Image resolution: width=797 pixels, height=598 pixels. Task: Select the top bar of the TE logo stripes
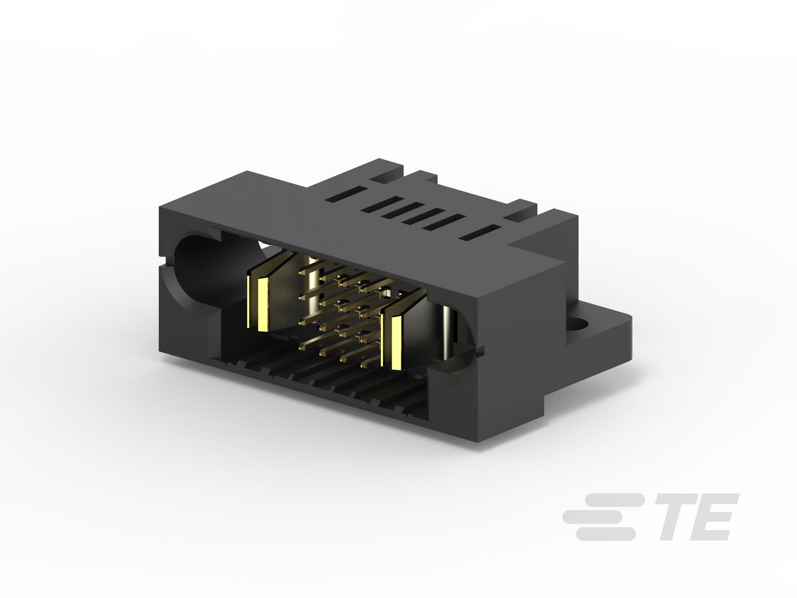[614, 499]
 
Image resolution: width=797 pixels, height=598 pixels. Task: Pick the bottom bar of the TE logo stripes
[606, 534]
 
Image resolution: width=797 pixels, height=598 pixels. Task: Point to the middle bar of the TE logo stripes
[595, 517]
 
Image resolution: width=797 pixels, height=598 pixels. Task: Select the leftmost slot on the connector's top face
[345, 194]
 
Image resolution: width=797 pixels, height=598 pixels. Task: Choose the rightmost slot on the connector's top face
[480, 232]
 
